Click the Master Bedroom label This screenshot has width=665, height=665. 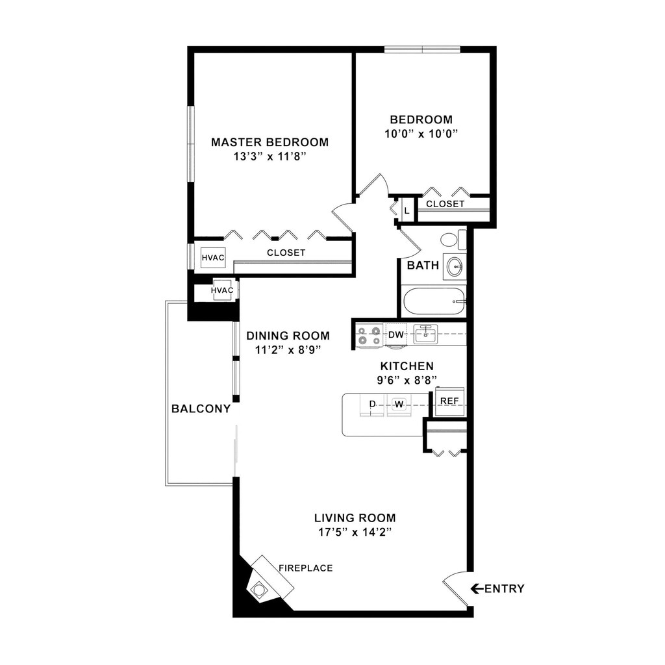coord(270,142)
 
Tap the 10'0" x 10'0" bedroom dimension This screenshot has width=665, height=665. coord(421,134)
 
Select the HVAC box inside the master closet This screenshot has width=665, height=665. coord(212,258)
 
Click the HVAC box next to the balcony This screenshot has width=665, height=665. coord(223,290)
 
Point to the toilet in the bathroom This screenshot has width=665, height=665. coord(453,240)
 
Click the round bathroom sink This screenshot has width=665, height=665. coord(455,266)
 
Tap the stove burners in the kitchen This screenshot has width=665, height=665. coord(369,335)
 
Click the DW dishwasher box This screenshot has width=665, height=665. coord(395,335)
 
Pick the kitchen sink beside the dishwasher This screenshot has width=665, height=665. coord(425,334)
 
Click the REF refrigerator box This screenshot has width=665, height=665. coord(449,401)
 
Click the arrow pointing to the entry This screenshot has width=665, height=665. coord(477,589)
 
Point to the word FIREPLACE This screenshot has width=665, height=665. coord(305,568)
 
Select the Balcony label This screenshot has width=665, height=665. coord(201,409)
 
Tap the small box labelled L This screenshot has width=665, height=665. coord(407,210)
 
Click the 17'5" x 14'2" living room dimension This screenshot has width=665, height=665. coord(355,532)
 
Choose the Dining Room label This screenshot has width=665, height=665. coord(288,336)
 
